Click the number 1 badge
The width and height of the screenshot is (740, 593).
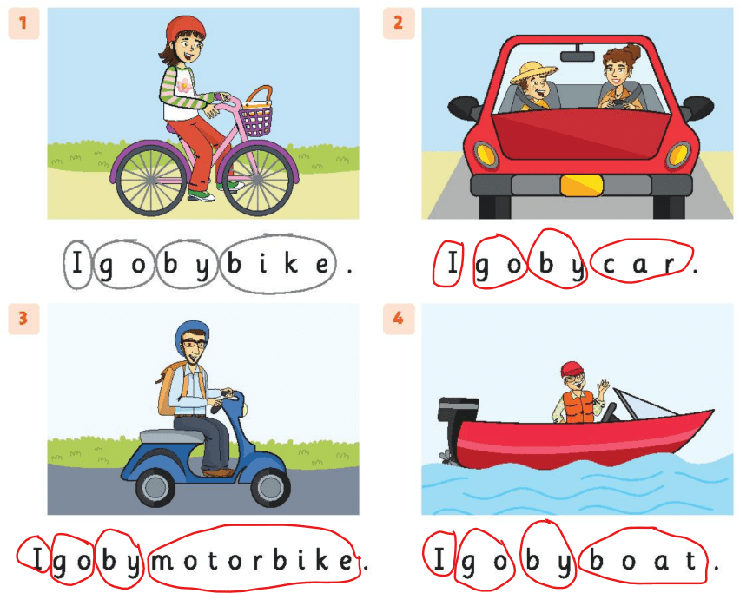pyautogui.click(x=23, y=23)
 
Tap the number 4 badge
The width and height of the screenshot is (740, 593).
pyautogui.click(x=398, y=319)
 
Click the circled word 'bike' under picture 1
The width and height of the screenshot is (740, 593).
pyautogui.click(x=277, y=264)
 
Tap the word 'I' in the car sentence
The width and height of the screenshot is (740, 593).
pyautogui.click(x=451, y=264)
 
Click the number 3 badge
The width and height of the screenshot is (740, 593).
pyautogui.click(x=23, y=319)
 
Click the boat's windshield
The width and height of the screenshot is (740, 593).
pyautogui.click(x=638, y=403)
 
